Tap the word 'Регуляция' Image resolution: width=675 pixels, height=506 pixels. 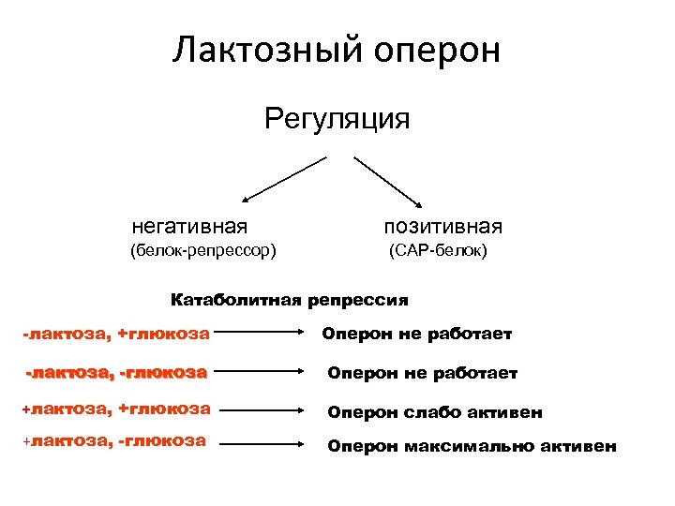pos(337,120)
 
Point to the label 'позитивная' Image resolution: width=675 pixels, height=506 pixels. pos(442,226)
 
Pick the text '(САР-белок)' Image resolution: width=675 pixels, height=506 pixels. pos(438,251)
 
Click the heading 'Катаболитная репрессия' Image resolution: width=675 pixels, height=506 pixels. pos(289,301)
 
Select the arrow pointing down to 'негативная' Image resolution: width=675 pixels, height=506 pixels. pos(283,179)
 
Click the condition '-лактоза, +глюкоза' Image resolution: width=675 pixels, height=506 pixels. pos(116,333)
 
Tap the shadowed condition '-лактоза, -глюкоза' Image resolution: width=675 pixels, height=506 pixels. pos(116,372)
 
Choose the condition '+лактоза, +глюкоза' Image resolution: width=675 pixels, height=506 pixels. pos(116,409)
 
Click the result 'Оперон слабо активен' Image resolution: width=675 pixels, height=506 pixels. pos(434,412)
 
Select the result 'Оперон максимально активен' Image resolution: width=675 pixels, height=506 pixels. pos(472,446)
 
